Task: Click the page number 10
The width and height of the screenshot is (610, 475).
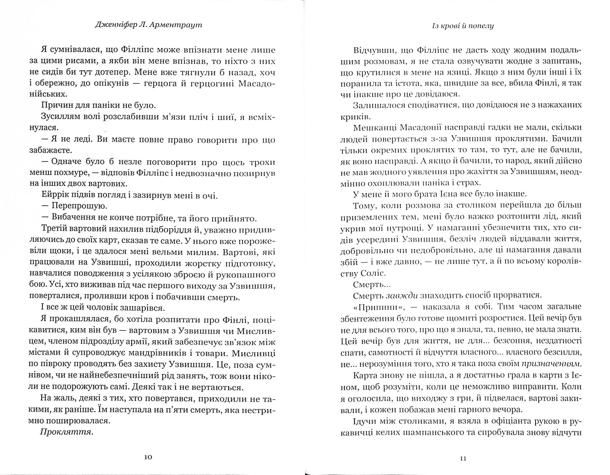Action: tap(148, 457)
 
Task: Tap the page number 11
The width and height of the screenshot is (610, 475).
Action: tap(463, 458)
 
